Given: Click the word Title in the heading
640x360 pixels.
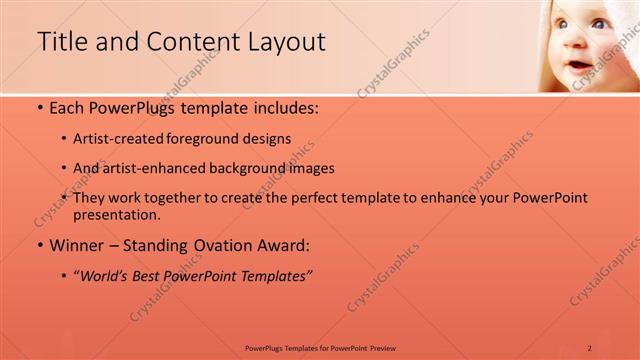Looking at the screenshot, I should tap(61, 42).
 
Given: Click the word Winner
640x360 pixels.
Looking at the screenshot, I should tap(78, 244).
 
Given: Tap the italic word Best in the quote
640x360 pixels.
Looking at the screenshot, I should tap(154, 274).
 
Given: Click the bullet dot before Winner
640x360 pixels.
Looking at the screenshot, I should tap(39, 245).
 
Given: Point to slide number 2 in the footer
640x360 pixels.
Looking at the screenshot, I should tap(590, 347).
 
